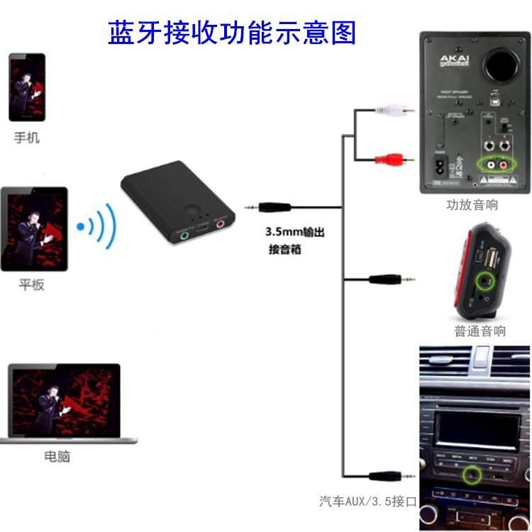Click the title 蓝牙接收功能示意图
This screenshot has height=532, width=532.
pyautogui.click(x=231, y=32)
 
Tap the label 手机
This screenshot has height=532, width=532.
pyautogui.click(x=27, y=138)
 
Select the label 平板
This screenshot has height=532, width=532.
pyautogui.click(x=32, y=285)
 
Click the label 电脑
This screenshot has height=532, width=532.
pyautogui.click(x=57, y=457)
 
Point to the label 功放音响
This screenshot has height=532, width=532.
pyautogui.click(x=472, y=205)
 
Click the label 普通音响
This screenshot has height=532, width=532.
pyautogui.click(x=480, y=331)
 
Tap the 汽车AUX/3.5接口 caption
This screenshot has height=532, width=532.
pyautogui.click(x=367, y=501)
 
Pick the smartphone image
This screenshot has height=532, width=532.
pyautogui.click(x=27, y=87)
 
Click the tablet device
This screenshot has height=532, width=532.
pyautogui.click(x=34, y=229)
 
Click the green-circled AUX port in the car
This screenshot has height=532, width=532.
pyautogui.click(x=471, y=472)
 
